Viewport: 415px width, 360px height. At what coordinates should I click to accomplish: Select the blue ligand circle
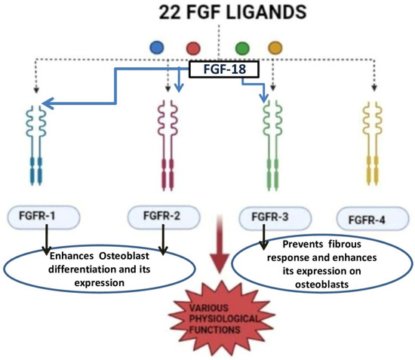[x=156, y=48]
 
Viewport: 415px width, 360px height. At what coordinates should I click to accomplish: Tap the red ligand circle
[x=193, y=48]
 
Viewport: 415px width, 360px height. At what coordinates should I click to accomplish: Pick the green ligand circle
[x=241, y=48]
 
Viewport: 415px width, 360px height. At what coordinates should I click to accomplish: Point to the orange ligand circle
[x=275, y=48]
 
